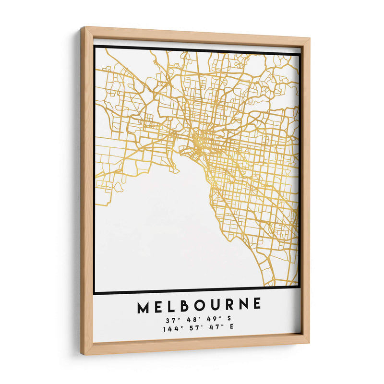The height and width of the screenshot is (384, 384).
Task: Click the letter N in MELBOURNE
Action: [x=242, y=304]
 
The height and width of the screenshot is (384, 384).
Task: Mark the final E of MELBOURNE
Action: [x=257, y=303]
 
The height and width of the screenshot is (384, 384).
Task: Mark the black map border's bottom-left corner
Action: [x=95, y=292]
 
